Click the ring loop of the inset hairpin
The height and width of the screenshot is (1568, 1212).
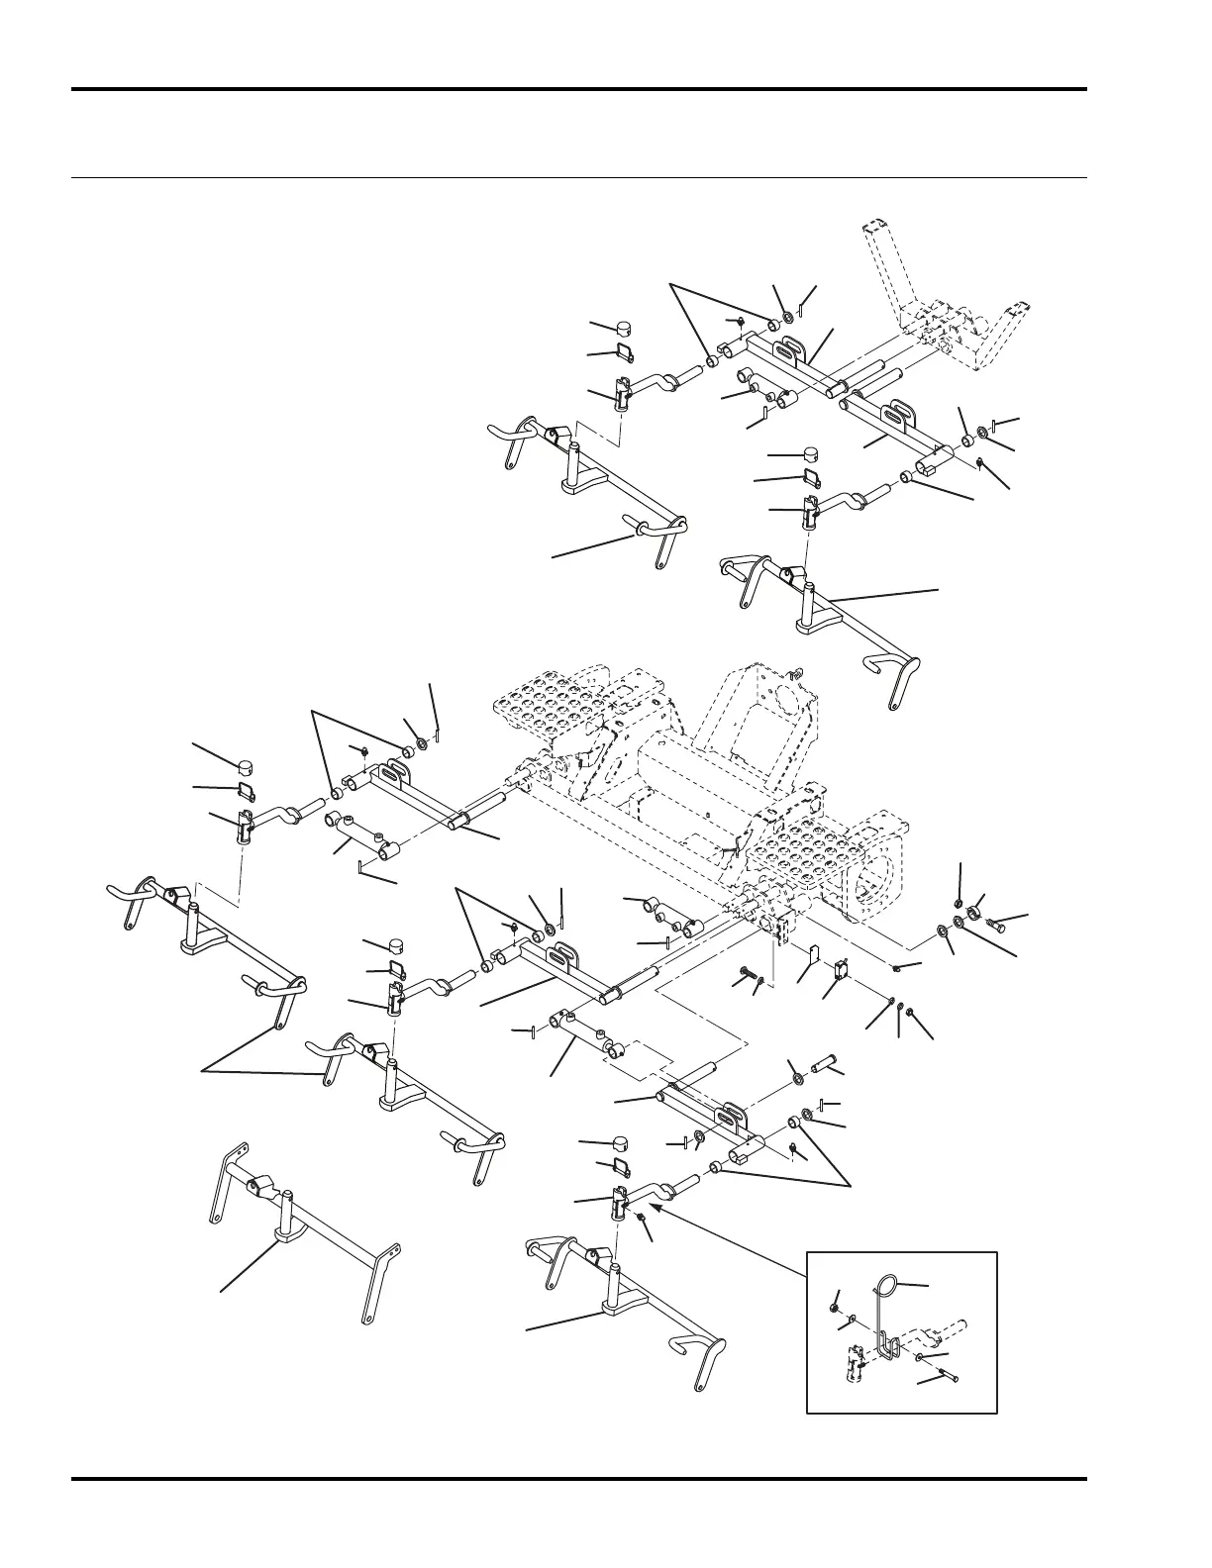[888, 1285]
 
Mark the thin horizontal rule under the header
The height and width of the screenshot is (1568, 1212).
[579, 179]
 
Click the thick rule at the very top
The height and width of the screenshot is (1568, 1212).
[579, 90]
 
